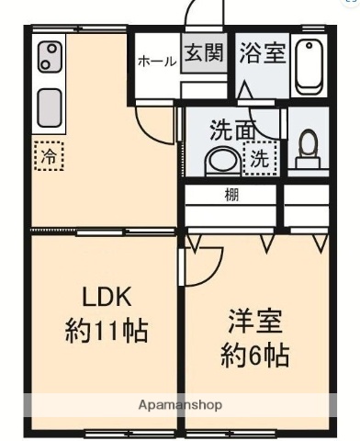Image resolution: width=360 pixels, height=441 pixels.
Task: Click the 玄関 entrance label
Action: click(x=203, y=52)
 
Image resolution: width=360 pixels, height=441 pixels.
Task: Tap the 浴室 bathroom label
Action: click(x=262, y=52)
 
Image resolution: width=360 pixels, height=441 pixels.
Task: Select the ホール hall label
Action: click(x=157, y=62)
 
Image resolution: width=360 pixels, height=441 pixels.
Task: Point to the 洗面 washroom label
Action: click(x=232, y=130)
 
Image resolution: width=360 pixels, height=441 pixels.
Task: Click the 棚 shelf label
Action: click(x=232, y=195)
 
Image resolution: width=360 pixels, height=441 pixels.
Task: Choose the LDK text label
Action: click(x=107, y=297)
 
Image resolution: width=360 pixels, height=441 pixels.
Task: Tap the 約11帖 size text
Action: click(x=107, y=331)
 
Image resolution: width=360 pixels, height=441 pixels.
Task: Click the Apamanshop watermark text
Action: click(x=180, y=404)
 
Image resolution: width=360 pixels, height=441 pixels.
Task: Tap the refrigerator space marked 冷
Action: click(x=49, y=156)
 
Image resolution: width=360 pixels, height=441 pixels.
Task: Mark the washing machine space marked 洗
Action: click(x=261, y=157)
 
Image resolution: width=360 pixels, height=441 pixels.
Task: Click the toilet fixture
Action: click(x=309, y=147)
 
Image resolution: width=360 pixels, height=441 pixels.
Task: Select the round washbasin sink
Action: click(x=221, y=160)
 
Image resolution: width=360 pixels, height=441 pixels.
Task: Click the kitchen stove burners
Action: click(x=50, y=58)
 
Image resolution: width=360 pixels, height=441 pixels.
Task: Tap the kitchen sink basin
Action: click(x=50, y=107)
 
